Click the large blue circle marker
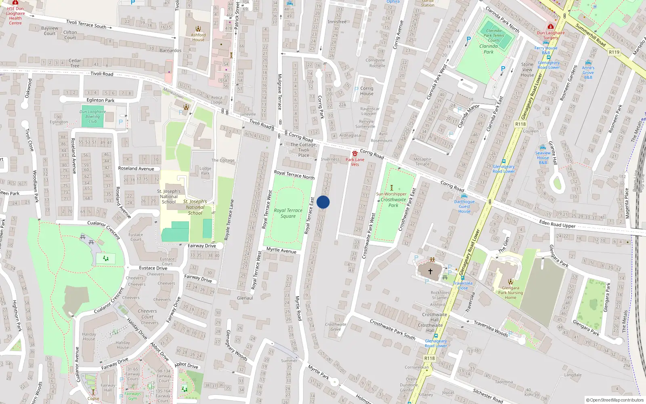(x=323, y=202)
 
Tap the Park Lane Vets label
(x=355, y=162)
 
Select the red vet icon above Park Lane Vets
(x=355, y=154)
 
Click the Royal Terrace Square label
(x=288, y=213)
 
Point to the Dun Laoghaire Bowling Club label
(x=92, y=116)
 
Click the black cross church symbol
(x=430, y=271)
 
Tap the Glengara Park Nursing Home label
(x=510, y=293)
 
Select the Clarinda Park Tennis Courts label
(x=494, y=36)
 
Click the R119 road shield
(x=614, y=52)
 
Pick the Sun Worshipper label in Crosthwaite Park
(x=391, y=194)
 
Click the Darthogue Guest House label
(x=464, y=206)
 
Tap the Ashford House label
(x=198, y=37)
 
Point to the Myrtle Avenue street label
(x=281, y=250)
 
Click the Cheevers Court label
(x=147, y=314)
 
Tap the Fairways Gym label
(x=133, y=396)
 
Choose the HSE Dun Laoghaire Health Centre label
(x=15, y=16)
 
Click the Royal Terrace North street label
(x=294, y=175)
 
